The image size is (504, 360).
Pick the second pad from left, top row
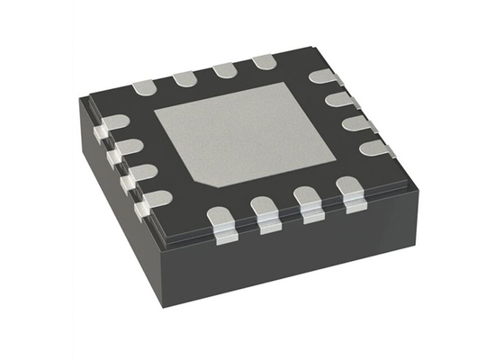point(184,77)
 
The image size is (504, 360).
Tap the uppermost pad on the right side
point(322,77)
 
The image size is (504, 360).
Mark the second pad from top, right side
point(339,98)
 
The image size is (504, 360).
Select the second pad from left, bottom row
point(265,211)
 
